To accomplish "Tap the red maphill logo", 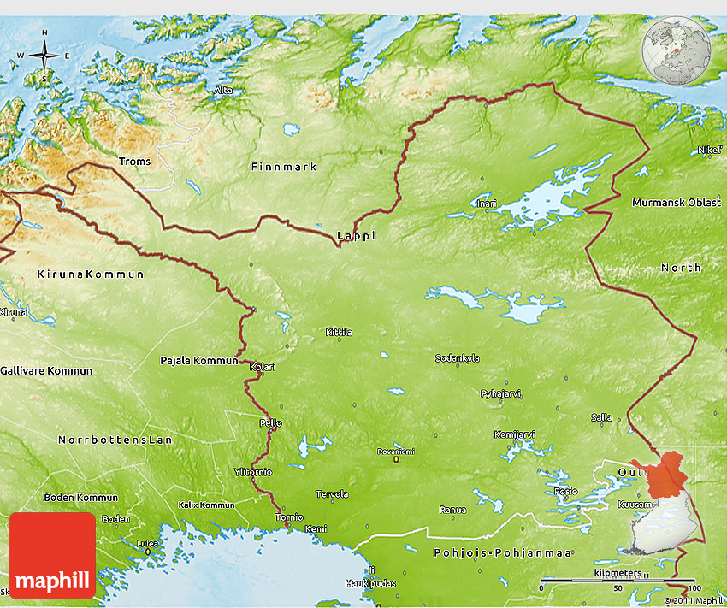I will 52,555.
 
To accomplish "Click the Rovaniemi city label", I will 395,452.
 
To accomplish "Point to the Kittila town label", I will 339,332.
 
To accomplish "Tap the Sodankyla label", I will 458,358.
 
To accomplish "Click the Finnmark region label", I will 284,167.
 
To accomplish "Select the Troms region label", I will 134,162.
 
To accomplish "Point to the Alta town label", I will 223,90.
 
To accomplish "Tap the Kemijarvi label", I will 514,434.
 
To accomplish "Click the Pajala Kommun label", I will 198,360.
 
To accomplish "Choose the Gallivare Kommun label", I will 46,371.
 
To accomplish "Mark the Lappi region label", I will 356,235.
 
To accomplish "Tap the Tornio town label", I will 288,517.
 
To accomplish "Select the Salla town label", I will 601,417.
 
